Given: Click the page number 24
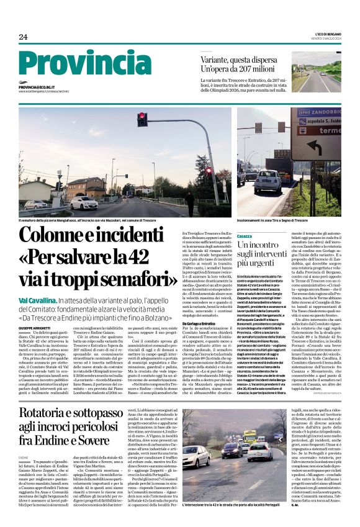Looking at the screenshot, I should pos(23,37).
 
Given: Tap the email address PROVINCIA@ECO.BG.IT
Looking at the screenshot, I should pos(45,88).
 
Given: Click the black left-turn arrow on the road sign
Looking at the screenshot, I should pos(312,148).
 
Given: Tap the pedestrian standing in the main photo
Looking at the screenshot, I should pos(189,203).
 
